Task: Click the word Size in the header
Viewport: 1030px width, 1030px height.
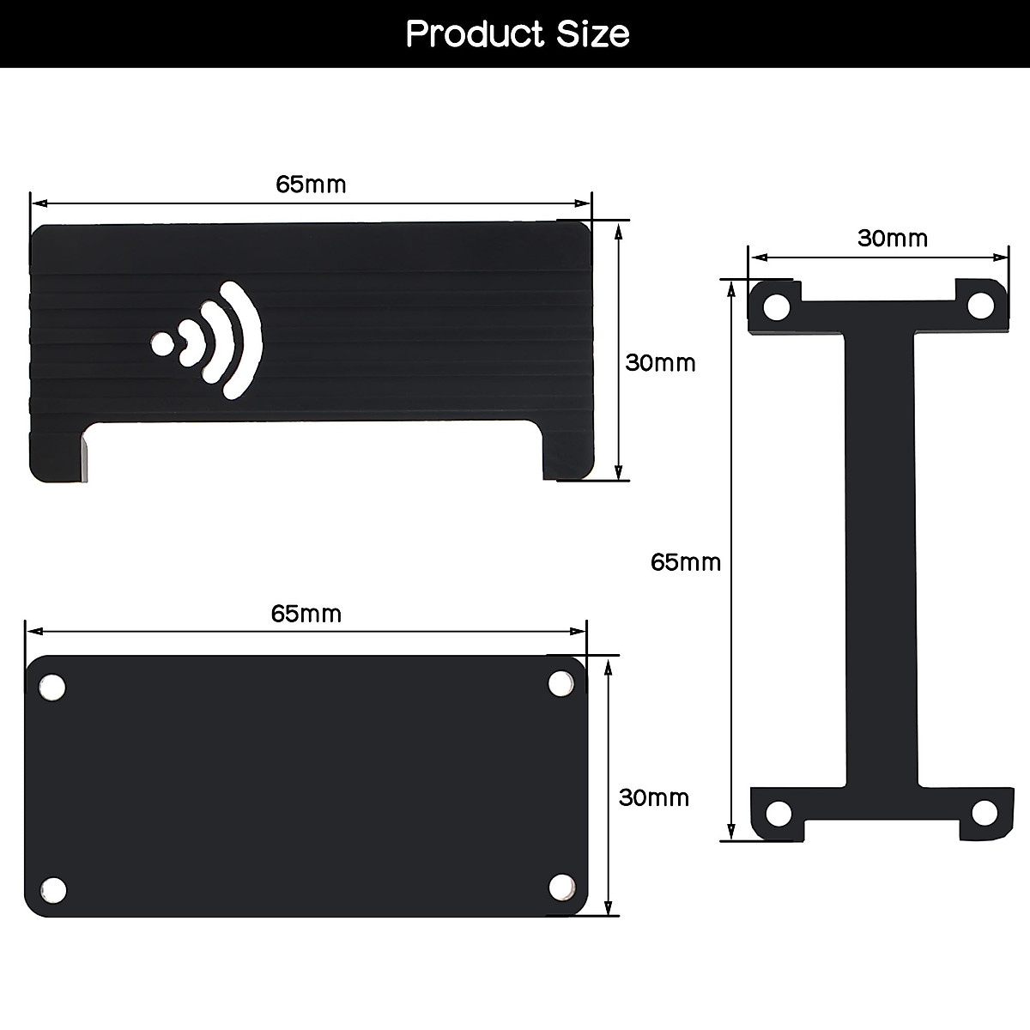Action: point(593,33)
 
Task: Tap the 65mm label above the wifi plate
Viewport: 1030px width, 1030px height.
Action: point(311,185)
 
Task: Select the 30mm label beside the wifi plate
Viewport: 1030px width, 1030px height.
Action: point(660,363)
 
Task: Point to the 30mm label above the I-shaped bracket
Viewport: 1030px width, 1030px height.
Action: point(893,239)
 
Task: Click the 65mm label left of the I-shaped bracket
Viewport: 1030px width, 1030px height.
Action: point(686,562)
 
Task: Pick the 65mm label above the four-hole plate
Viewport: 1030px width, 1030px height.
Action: point(306,615)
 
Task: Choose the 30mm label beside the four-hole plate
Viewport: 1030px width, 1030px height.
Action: point(654,798)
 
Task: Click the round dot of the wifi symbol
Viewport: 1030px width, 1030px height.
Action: point(162,344)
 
